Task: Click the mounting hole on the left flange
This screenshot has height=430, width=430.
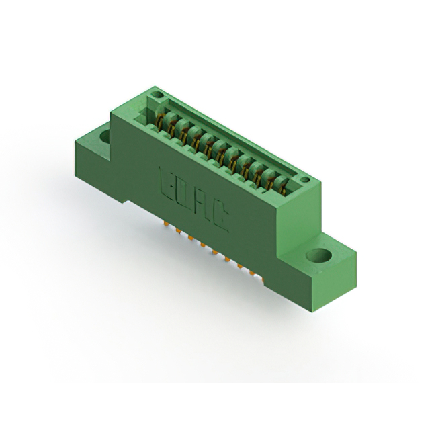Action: (105, 136)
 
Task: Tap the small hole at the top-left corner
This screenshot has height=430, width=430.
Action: (157, 97)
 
